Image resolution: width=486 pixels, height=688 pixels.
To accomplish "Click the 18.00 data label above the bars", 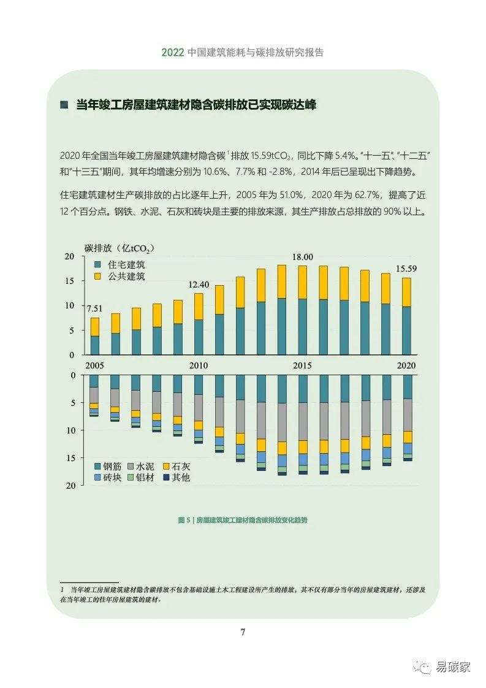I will point(302,258).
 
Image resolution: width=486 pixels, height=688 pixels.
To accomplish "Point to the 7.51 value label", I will point(94,309).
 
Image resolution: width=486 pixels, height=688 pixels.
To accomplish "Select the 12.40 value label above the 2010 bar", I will point(199,285).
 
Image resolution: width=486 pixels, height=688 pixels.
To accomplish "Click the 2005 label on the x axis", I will point(94,365).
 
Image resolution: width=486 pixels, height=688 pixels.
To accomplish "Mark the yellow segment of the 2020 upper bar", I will point(407,292).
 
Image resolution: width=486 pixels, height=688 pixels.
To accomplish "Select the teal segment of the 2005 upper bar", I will point(94,345).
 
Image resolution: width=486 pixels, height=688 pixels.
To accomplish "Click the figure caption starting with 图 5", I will point(243,520).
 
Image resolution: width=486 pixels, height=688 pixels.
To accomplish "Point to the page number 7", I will point(243,632).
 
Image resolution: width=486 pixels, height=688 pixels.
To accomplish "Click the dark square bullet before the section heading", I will point(64,104).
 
